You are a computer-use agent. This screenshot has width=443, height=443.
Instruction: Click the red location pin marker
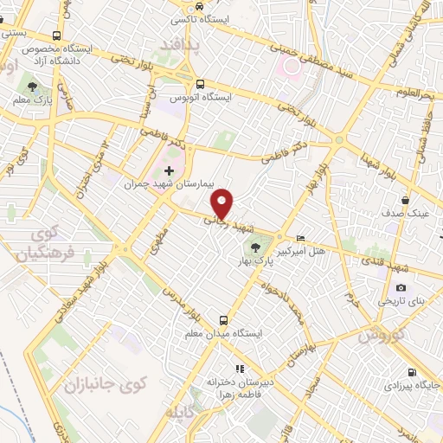(x=223, y=202)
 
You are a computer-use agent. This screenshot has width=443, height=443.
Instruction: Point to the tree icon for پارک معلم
(x=32, y=87)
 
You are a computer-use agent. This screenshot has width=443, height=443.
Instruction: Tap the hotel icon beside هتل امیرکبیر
(x=300, y=238)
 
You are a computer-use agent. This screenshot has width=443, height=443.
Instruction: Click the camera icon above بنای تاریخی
(x=400, y=287)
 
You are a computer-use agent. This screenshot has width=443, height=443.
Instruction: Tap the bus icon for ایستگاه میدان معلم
(x=224, y=319)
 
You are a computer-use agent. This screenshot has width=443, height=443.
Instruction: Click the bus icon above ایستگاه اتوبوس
(x=200, y=85)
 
